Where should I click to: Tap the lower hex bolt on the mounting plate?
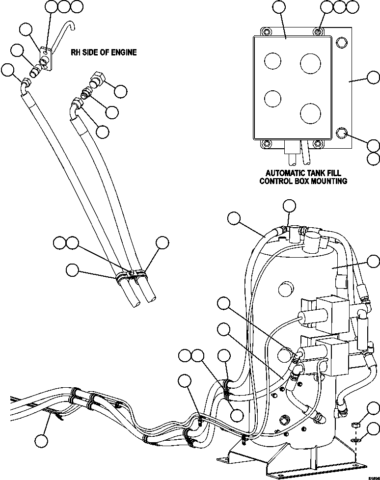point(342,133)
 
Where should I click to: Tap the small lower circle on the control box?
point(272,98)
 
